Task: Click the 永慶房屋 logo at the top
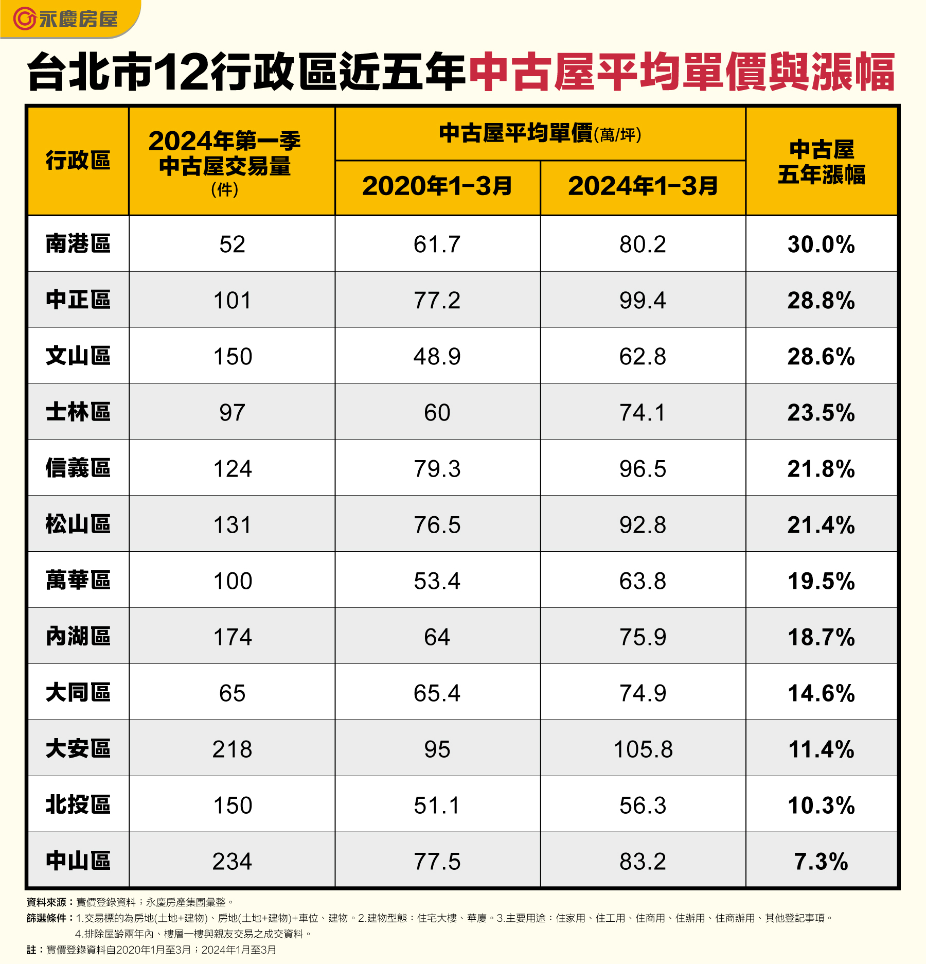click(66, 19)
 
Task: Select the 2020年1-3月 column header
click(437, 186)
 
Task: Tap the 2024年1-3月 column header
click(643, 186)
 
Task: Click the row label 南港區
click(78, 244)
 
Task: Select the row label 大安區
click(78, 749)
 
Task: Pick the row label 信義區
click(78, 468)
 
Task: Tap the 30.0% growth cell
click(821, 244)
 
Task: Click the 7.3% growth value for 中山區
click(821, 862)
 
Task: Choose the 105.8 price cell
click(643, 749)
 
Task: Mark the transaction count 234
click(232, 862)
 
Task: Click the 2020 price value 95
click(437, 749)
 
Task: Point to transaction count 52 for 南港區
click(232, 244)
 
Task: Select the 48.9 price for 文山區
click(437, 357)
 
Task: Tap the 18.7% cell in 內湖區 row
click(821, 637)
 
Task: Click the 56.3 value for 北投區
click(643, 805)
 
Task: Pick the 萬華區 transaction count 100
click(233, 581)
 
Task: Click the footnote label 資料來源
click(47, 902)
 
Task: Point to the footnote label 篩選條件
click(47, 918)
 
